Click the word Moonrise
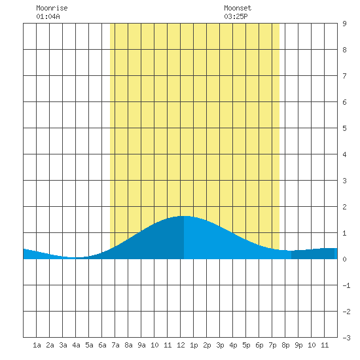(x=52, y=8)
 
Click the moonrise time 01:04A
(x=48, y=16)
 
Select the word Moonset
(x=238, y=8)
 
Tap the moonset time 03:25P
(x=236, y=16)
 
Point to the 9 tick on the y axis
(x=344, y=24)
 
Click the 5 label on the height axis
(x=344, y=128)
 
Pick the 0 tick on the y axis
(x=344, y=259)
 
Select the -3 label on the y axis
(x=346, y=338)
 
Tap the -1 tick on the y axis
(x=346, y=285)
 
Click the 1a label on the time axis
(x=37, y=345)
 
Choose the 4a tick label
(x=76, y=345)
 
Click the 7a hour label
(x=115, y=345)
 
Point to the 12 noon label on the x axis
(x=181, y=345)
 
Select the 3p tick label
(x=220, y=345)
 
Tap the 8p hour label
(x=285, y=345)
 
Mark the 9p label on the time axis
(x=298, y=345)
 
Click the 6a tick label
(x=102, y=345)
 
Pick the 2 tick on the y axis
(x=344, y=207)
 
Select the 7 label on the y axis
(x=344, y=76)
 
